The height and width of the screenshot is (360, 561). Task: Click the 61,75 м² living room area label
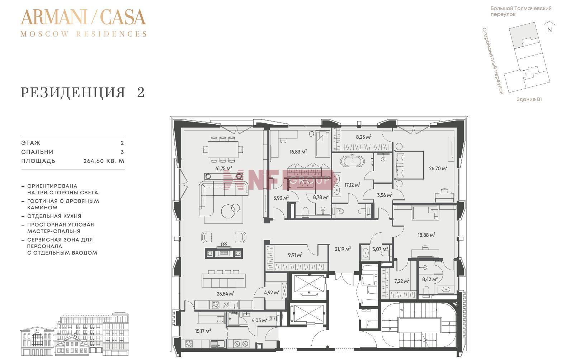(x=224, y=168)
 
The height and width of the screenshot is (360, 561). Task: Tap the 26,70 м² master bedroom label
(x=438, y=168)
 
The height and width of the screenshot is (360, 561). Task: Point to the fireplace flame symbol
(x=224, y=244)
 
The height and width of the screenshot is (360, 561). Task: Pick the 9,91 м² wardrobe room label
(x=295, y=255)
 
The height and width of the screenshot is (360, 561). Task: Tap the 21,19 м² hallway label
(x=343, y=249)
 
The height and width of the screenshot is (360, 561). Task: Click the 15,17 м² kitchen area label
(x=203, y=331)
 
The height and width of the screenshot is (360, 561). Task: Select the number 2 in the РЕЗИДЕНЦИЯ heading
(x=141, y=92)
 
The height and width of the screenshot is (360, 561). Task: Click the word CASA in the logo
(x=123, y=17)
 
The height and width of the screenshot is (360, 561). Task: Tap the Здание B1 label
(x=529, y=99)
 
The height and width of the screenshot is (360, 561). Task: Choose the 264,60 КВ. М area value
(x=104, y=161)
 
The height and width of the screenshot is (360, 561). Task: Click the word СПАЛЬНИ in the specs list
(x=37, y=152)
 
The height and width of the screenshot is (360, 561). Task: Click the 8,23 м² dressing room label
(x=364, y=137)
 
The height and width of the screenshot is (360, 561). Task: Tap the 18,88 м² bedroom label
(x=426, y=235)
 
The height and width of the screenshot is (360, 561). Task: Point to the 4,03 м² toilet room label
(x=259, y=320)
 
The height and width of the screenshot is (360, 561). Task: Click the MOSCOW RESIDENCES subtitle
(x=84, y=34)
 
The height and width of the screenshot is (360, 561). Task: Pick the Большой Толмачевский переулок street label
(x=521, y=11)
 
